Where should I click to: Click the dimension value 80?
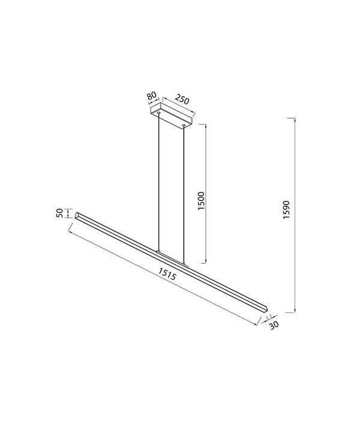[151, 96]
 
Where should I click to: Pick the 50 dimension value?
[60, 214]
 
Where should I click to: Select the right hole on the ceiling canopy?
[184, 125]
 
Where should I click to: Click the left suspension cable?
[158, 180]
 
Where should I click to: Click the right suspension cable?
[185, 192]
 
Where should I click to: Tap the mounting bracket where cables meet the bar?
[172, 255]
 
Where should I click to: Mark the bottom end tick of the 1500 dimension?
[206, 262]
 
